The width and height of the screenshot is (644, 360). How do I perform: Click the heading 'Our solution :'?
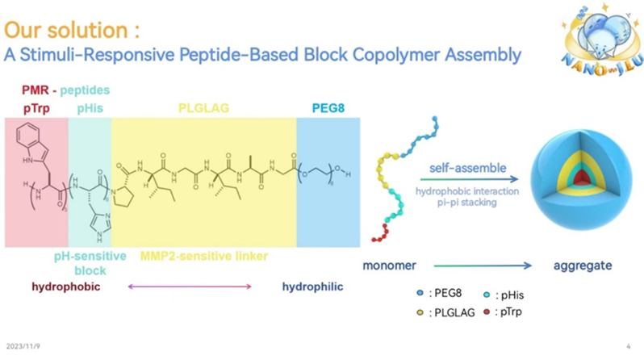coord(72,31)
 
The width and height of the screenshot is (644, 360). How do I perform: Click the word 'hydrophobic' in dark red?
coord(65,287)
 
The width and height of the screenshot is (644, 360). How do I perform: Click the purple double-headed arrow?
coord(190,287)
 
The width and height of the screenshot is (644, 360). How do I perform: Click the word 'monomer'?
coord(390,265)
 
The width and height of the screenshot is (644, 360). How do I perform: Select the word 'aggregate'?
coord(581,265)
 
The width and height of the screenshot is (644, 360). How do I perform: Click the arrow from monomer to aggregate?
coord(482,265)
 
